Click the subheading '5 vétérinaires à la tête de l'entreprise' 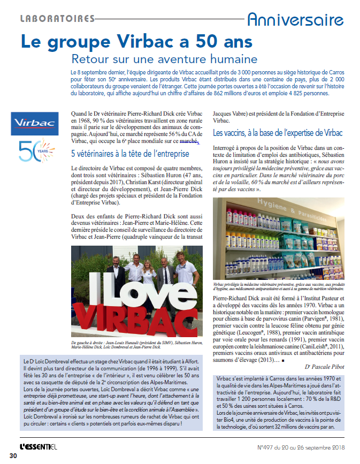coord(130,154)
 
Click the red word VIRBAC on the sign coord(136,317)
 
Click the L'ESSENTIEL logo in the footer coord(43,446)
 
